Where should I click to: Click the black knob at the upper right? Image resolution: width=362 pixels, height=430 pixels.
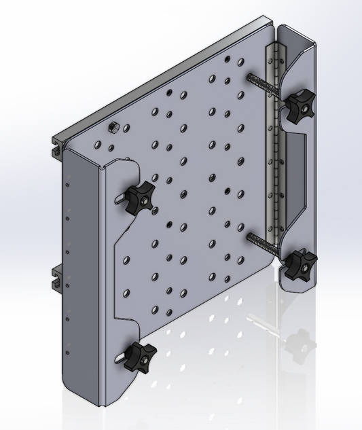[299, 107]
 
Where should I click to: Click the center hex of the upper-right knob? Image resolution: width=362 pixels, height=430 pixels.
[302, 106]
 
